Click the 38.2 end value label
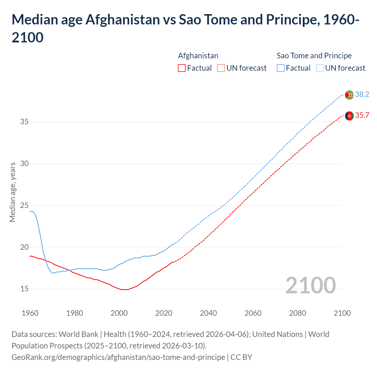[362, 94]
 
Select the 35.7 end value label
[362, 115]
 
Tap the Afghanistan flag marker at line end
[349, 116]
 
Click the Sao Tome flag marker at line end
[349, 95]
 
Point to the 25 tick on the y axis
[24, 205]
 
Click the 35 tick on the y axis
[24, 122]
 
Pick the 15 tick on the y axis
[24, 289]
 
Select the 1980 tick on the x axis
[75, 313]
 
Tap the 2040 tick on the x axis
[208, 313]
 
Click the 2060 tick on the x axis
[253, 313]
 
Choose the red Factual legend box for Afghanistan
[182, 68]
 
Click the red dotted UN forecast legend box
[221, 68]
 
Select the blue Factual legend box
[281, 68]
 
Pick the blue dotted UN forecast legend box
[320, 68]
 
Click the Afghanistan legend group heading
[198, 56]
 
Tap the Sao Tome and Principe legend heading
[314, 56]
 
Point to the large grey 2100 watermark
[310, 285]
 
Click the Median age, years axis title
[12, 192]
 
